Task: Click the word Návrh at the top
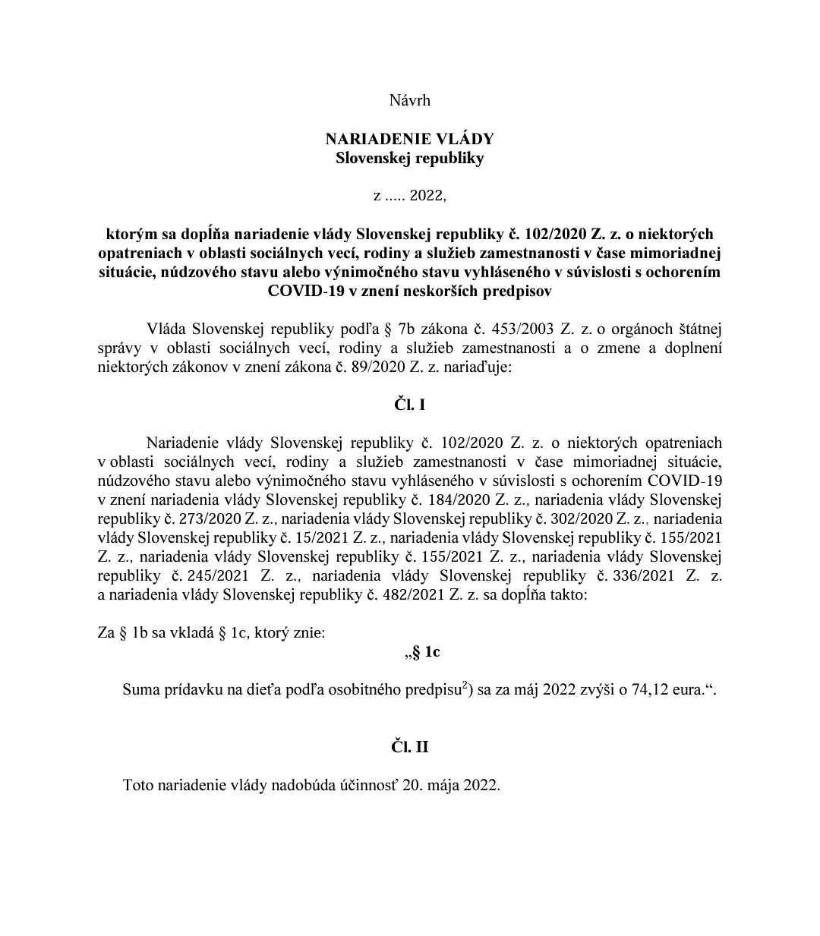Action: tap(409, 100)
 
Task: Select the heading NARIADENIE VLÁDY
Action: tap(409, 139)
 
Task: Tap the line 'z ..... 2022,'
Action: tap(409, 195)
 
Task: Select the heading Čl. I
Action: tap(409, 405)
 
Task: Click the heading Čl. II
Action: tap(409, 747)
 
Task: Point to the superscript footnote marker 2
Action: tap(463, 685)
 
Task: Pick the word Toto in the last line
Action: tap(138, 785)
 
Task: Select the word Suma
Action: tap(140, 692)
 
